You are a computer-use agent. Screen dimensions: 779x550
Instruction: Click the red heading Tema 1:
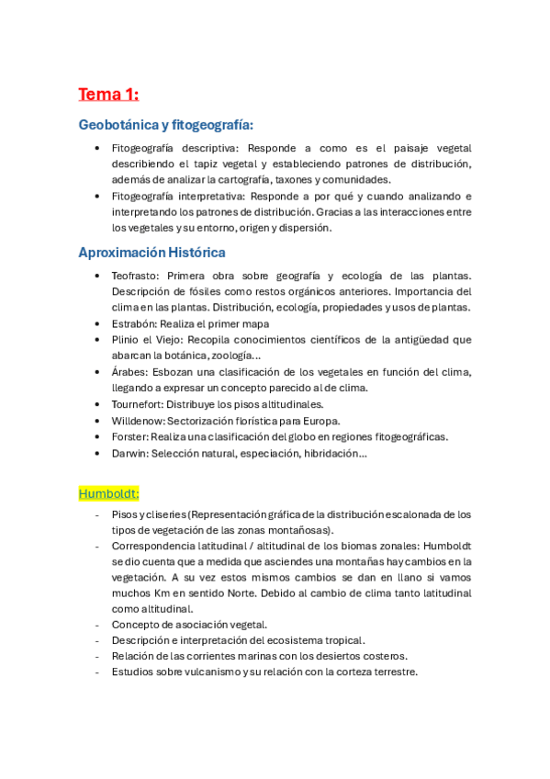tap(108, 94)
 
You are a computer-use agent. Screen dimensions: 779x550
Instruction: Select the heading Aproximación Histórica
tap(152, 253)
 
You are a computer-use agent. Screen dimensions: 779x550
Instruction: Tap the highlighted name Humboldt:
tap(108, 492)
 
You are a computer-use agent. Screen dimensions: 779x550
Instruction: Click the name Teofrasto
tap(134, 276)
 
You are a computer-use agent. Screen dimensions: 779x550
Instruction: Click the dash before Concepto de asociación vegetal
tap(96, 624)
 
